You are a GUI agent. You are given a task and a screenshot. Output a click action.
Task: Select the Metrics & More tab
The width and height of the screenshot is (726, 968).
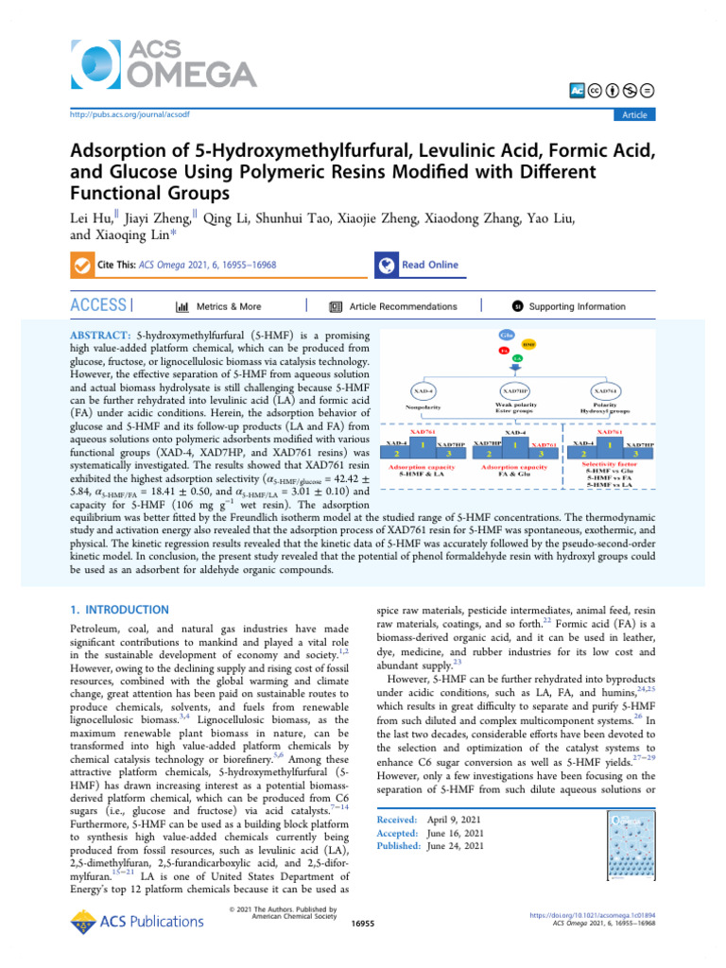(218, 306)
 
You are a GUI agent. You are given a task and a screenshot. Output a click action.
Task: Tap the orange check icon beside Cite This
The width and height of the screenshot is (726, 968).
(83, 266)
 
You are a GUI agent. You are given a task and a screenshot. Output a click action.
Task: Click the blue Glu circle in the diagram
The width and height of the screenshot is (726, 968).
(505, 336)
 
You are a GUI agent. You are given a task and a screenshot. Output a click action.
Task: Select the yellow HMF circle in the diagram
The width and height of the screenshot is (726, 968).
(528, 344)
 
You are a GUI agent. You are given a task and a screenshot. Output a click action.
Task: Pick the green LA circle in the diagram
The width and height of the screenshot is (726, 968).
(517, 358)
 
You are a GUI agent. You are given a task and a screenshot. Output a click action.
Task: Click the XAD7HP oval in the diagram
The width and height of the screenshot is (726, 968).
(515, 390)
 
